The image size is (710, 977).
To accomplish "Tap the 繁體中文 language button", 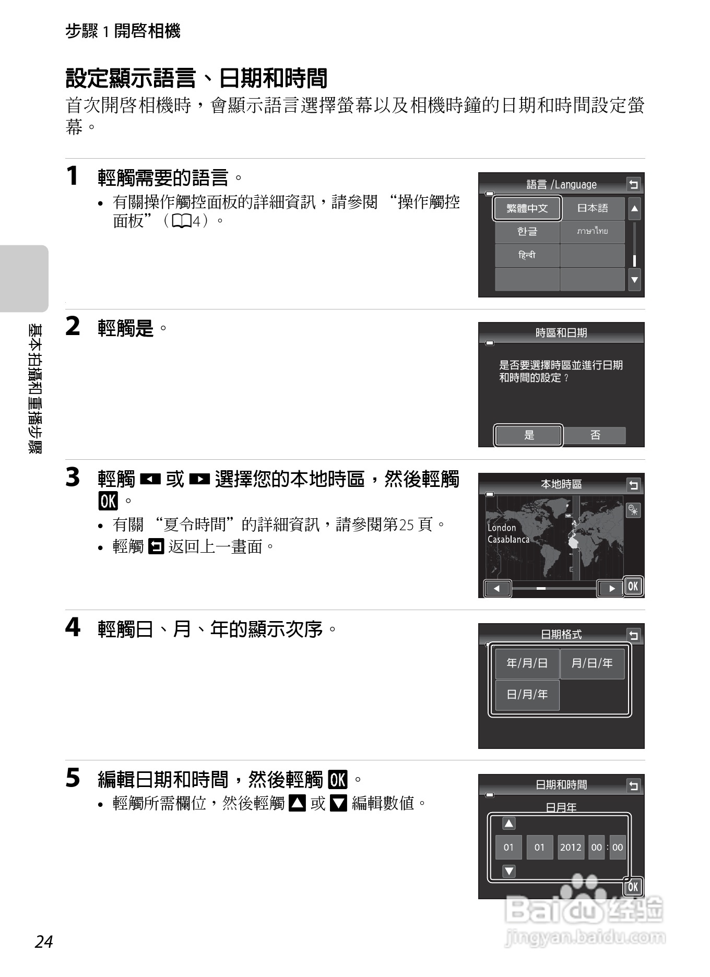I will (x=527, y=208).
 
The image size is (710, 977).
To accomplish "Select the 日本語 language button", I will (x=592, y=208).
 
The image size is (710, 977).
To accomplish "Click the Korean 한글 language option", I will (x=527, y=231).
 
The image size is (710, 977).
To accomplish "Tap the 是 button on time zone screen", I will (x=528, y=435).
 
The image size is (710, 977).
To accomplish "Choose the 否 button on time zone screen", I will (x=595, y=435).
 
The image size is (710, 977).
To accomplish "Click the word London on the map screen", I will (x=501, y=528).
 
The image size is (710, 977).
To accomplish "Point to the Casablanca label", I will (x=508, y=540).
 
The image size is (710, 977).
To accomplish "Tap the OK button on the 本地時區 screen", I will (x=633, y=586).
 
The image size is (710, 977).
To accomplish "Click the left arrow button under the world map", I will (x=497, y=589).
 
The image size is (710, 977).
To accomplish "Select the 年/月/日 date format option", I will (x=527, y=663).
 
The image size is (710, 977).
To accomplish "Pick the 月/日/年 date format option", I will (x=592, y=663).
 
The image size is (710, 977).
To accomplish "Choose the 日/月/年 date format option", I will (x=527, y=695).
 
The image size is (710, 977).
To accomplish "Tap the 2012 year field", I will (x=570, y=848).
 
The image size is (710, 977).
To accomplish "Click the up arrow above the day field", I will (x=508, y=824).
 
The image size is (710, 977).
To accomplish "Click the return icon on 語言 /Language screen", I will (x=633, y=184).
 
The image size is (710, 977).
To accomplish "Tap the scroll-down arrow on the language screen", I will (x=634, y=280).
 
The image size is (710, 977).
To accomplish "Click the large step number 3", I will (x=73, y=478).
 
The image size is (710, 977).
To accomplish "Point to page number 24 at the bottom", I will (x=44, y=942).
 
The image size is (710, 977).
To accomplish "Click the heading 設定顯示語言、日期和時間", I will (x=196, y=79).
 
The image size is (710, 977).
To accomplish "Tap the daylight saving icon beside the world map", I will (x=633, y=510).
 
